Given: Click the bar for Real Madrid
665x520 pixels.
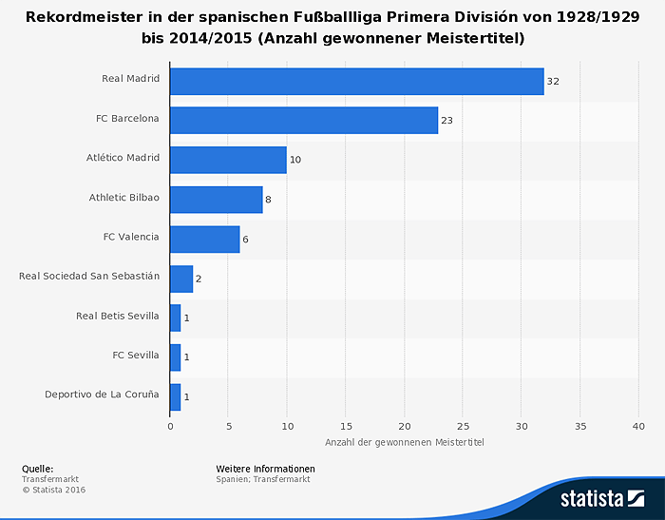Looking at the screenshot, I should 356,82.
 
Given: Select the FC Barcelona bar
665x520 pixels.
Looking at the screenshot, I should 304,121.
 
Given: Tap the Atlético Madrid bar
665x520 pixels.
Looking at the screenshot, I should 228,160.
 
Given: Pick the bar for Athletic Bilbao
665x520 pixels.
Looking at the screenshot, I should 217,200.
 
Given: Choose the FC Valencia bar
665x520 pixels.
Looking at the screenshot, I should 205,239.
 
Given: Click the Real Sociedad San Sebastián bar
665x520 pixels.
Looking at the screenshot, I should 181,279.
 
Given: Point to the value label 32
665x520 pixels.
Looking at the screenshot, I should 553,82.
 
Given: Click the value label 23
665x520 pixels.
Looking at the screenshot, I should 447,121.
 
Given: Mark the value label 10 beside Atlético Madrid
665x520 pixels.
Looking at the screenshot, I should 295,160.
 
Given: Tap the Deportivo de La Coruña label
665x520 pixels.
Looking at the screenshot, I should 102,395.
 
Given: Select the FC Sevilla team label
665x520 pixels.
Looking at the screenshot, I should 136,356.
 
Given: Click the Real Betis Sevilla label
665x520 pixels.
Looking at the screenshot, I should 118,316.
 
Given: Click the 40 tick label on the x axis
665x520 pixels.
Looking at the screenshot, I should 638,426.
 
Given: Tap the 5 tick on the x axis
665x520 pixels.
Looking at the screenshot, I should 228,426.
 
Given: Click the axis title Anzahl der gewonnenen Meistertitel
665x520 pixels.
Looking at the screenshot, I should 404,443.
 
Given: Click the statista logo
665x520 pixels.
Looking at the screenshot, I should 602,498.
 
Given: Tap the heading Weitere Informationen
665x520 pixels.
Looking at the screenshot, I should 265,469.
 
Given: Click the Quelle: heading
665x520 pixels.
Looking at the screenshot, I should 37,469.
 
